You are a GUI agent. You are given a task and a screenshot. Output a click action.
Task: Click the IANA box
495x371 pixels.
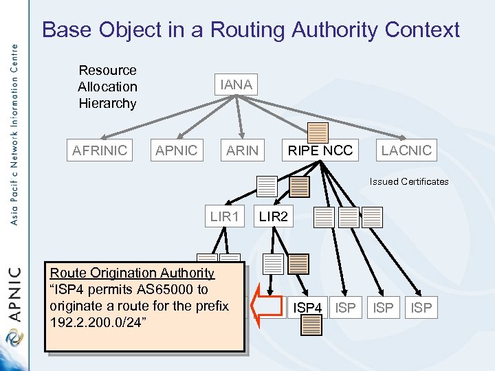(236, 85)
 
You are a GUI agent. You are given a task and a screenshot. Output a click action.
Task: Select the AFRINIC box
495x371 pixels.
(100, 150)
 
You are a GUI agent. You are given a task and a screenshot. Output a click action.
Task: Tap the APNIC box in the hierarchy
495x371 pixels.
(176, 150)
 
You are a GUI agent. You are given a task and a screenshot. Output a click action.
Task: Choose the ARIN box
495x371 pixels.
(243, 150)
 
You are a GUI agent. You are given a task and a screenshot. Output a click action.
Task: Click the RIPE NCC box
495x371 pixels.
(320, 150)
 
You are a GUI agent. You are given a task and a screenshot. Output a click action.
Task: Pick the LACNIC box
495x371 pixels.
(406, 150)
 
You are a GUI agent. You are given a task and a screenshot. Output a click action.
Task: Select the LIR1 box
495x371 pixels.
(225, 217)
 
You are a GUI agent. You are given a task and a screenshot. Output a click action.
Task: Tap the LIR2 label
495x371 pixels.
(274, 217)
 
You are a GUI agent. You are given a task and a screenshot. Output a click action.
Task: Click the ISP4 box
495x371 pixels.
(307, 308)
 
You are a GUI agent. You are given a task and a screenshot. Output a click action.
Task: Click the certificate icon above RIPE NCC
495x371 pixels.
(318, 133)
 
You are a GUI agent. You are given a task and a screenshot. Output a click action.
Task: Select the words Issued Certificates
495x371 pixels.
(408, 182)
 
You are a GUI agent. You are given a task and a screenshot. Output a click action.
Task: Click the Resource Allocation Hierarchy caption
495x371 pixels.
(107, 87)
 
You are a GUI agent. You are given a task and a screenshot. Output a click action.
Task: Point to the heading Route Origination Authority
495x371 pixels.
(132, 273)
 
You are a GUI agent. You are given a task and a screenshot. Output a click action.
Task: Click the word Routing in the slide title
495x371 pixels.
(248, 30)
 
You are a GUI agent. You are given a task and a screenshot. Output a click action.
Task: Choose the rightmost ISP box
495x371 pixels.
(421, 308)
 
